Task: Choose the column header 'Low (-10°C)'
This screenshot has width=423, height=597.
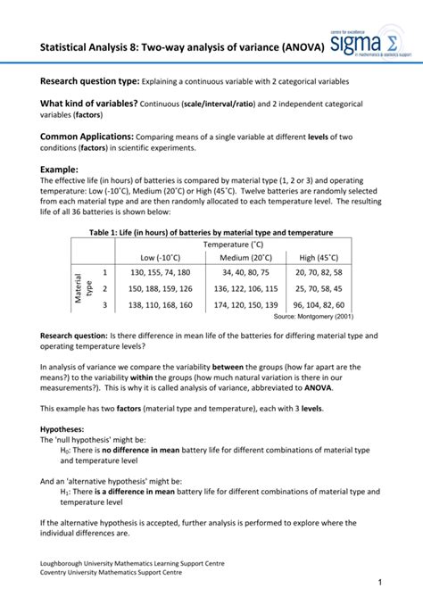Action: pos(160,257)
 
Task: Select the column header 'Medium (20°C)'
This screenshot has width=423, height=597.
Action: pos(248,257)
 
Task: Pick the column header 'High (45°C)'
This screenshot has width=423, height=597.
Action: pos(319,257)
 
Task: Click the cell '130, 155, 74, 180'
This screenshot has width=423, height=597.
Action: pos(160,272)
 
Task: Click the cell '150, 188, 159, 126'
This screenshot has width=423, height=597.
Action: pos(160,289)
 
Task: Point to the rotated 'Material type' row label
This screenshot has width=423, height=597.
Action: pos(83,288)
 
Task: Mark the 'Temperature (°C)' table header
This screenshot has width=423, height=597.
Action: pos(233,244)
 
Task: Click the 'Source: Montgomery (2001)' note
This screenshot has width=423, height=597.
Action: pos(313,317)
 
